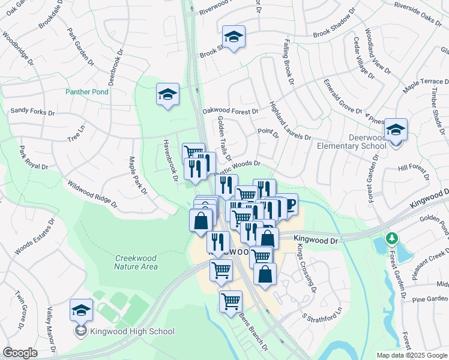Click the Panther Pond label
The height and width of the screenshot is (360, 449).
[x=87, y=92]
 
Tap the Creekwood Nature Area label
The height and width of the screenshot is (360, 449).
[x=136, y=262]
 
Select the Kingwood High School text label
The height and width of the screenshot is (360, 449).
[x=132, y=331]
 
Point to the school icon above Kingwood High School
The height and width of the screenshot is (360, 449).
[x=81, y=311]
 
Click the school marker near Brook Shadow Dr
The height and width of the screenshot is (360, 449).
[x=234, y=37]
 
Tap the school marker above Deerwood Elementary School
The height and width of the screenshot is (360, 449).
[x=396, y=130]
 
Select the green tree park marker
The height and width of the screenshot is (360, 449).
[x=392, y=239]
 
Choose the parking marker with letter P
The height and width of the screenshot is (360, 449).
[x=289, y=206]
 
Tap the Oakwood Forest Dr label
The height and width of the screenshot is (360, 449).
[x=231, y=111]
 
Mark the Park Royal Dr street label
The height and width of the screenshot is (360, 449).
[x=34, y=158]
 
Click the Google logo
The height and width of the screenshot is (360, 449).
[x=20, y=353]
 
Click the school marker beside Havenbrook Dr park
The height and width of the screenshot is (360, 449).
[x=168, y=94]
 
